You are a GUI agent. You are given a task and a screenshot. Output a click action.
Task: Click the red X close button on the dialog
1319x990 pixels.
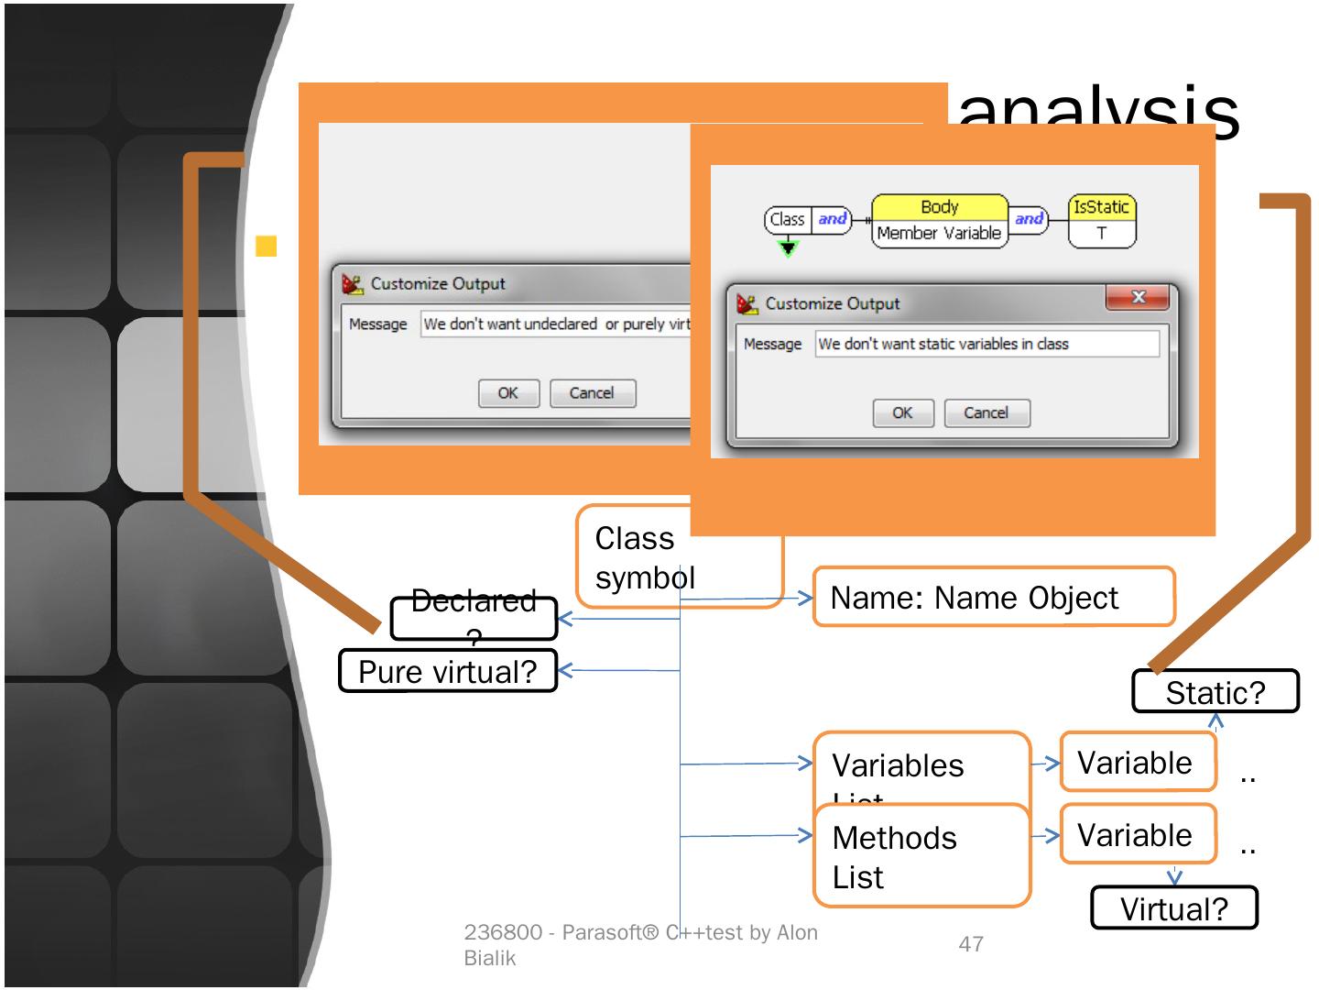1138,297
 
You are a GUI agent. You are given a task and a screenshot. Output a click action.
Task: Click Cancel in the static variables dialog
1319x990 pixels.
987,413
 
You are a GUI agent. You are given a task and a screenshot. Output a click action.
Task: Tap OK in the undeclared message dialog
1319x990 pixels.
508,393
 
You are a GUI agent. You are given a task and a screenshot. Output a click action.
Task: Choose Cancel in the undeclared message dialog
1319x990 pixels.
592,393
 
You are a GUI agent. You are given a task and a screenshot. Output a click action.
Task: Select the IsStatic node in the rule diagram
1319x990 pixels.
1101,220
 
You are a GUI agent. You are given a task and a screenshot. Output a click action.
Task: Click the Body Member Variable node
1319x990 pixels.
939,221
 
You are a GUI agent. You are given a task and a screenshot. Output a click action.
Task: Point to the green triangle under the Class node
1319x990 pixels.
788,247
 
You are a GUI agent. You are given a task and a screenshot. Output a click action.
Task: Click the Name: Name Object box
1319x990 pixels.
993,598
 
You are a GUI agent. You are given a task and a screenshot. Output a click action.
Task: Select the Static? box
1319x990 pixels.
1215,692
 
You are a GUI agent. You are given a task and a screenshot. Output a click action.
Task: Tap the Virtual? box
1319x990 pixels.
1173,908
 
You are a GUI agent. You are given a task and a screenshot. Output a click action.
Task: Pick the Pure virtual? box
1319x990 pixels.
448,671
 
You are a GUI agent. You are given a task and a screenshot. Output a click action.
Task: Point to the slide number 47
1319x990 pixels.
971,943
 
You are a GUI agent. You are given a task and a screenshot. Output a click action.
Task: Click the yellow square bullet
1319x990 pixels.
266,246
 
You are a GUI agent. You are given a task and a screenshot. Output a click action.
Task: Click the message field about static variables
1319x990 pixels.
987,344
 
